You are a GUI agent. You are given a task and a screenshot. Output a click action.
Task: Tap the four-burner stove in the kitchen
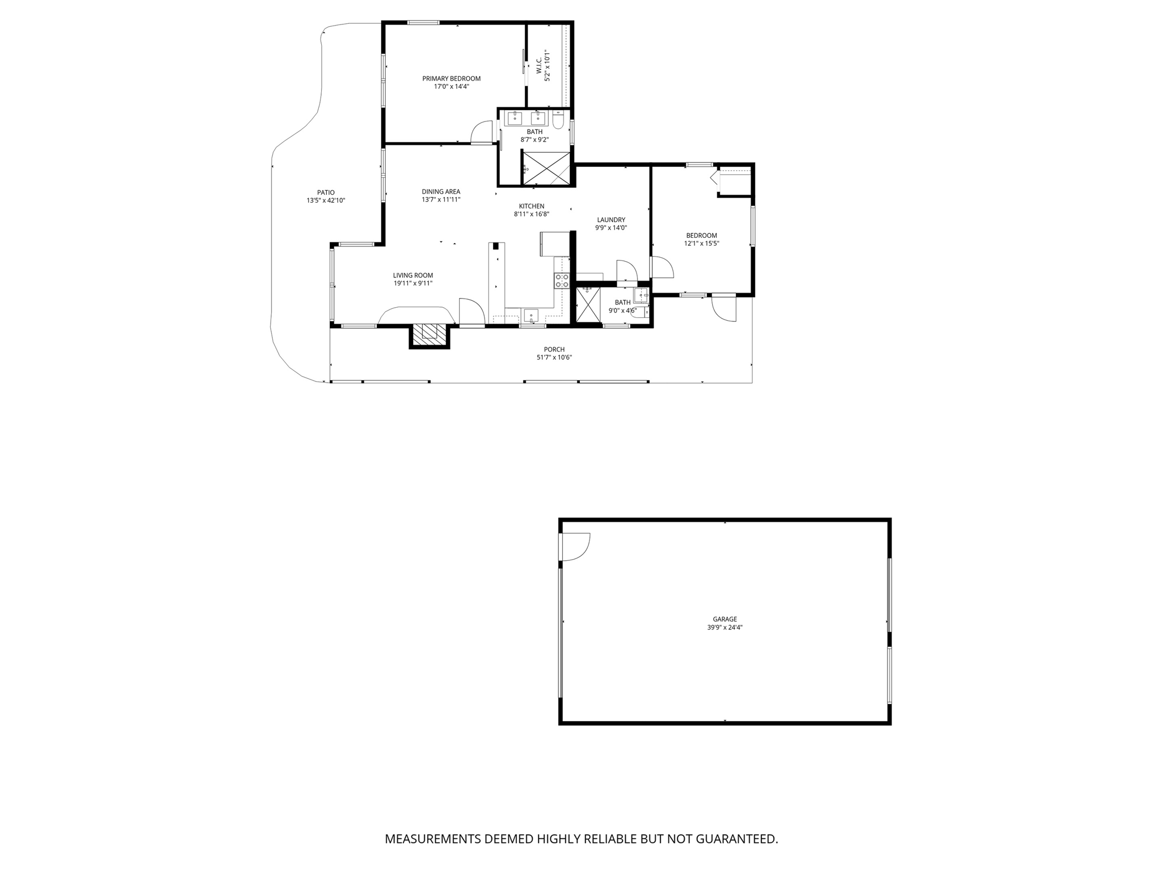click(x=562, y=280)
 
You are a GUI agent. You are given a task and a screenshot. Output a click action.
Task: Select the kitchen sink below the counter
click(x=531, y=315)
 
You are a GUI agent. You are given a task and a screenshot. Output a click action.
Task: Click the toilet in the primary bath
click(x=558, y=120)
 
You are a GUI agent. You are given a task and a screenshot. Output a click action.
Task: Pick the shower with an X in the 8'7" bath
click(x=546, y=168)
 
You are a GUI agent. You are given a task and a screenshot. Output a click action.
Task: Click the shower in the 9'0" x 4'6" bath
click(x=588, y=305)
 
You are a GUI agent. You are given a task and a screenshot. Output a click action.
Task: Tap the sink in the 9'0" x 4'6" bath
click(x=641, y=295)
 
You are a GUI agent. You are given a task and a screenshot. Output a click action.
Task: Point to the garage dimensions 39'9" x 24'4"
click(x=725, y=627)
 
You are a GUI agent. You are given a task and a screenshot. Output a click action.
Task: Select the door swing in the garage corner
click(x=574, y=547)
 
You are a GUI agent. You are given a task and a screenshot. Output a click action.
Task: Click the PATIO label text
click(x=326, y=192)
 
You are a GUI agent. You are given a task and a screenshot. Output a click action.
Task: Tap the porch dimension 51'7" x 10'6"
click(x=554, y=358)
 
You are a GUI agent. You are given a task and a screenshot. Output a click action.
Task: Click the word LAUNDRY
click(x=611, y=220)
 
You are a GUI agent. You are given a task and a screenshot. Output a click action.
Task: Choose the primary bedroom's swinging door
click(x=482, y=133)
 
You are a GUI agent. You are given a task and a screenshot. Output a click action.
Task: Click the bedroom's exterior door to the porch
click(x=724, y=308)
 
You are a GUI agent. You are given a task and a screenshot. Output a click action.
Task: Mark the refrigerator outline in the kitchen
click(x=555, y=244)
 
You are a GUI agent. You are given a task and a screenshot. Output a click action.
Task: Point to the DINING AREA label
click(x=441, y=192)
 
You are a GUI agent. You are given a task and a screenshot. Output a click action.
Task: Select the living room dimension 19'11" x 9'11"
click(x=413, y=283)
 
